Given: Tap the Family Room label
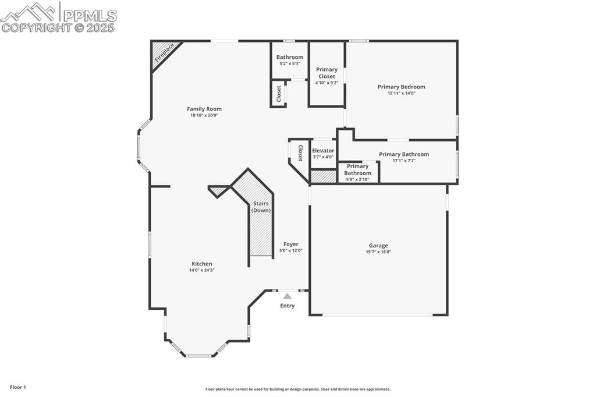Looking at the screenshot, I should pos(204,109).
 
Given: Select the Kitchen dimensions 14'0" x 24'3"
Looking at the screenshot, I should pos(202,270).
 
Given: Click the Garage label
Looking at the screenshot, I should pos(378,246).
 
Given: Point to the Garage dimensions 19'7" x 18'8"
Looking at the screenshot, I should pos(378,252).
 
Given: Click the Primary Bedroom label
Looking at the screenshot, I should pos(401,87).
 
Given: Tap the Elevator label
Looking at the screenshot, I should pos(323,151).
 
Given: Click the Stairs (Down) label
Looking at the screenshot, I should pos(261,207).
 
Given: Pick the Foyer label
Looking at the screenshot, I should pos(290,244).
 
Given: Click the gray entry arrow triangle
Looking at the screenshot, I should pos(287,296).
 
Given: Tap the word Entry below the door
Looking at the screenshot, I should pos(287,306).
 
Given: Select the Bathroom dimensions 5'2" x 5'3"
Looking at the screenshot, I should pos(290,63).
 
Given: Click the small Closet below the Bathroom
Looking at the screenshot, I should pos(279,93).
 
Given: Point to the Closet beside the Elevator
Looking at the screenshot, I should pos(300,153).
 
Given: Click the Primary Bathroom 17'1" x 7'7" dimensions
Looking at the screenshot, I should pos(404,161).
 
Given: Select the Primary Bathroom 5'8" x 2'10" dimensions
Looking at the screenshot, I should pos(357,179).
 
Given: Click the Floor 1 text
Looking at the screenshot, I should pos(17,387).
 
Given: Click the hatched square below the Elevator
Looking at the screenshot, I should pos(324,176).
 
